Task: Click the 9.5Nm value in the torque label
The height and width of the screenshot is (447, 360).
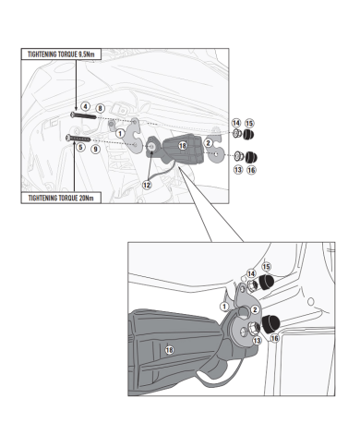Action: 86,54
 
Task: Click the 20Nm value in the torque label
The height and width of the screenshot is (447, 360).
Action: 86,198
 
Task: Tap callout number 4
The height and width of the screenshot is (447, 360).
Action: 85,106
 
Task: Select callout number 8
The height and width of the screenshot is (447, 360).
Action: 100,108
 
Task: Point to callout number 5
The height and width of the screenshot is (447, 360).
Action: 80,147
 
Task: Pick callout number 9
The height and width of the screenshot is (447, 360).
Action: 96,150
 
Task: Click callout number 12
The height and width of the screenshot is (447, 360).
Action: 147,185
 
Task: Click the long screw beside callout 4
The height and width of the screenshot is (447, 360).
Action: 83,115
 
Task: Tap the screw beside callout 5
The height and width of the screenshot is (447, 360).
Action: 78,139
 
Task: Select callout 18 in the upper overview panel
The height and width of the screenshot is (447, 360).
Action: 183,146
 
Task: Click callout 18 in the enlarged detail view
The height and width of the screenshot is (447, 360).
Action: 169,350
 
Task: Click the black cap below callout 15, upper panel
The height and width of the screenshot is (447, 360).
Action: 249,135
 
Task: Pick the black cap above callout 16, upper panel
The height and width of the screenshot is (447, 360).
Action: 251,157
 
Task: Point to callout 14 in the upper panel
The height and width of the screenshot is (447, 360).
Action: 236,123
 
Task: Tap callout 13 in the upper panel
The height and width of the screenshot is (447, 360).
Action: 238,170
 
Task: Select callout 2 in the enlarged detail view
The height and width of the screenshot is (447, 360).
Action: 255,309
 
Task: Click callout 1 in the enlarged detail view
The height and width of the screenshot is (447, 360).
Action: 224,307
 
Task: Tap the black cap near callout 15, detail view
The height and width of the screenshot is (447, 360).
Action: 265,283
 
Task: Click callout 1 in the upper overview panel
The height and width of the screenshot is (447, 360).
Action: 120,134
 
